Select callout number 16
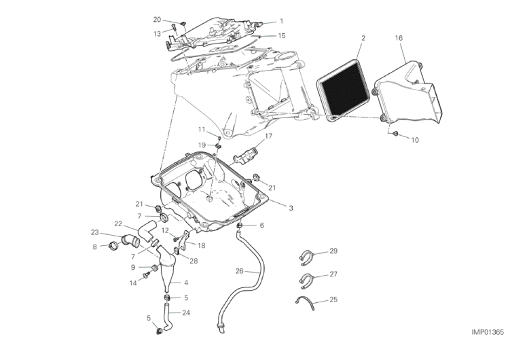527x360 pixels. (x=399, y=38)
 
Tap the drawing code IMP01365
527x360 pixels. (x=488, y=332)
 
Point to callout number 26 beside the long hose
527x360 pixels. (x=239, y=270)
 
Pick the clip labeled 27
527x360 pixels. (x=306, y=281)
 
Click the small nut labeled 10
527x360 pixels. (x=396, y=134)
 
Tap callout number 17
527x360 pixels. (x=268, y=136)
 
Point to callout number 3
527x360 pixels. (x=291, y=208)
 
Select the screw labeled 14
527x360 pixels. (x=146, y=275)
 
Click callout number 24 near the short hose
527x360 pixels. (x=186, y=312)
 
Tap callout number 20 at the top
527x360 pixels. (x=158, y=20)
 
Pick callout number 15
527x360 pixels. (x=282, y=35)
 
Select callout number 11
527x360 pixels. (x=201, y=130)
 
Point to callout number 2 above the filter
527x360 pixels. (x=363, y=38)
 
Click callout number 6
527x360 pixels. (x=262, y=226)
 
